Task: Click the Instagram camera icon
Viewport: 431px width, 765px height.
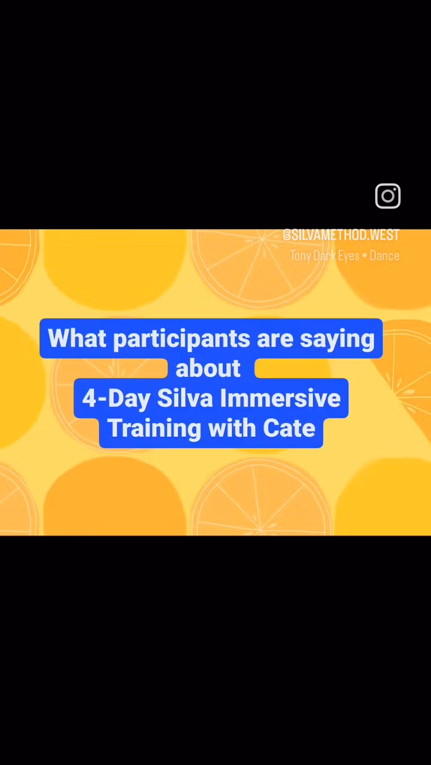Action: [x=387, y=195]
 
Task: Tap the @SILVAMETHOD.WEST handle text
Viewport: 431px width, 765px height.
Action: [x=341, y=235]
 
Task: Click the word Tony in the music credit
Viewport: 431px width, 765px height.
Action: [x=301, y=256]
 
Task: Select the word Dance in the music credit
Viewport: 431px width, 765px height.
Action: [x=384, y=255]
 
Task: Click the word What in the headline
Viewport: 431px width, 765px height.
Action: [x=77, y=338]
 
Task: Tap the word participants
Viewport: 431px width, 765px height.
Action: [x=181, y=339]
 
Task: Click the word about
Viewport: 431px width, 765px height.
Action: [x=208, y=368]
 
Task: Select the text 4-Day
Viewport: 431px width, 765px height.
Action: [x=116, y=399]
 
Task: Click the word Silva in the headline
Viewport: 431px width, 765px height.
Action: [x=185, y=398]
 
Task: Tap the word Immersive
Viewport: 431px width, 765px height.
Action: [x=280, y=398]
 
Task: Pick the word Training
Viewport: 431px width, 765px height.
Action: [x=154, y=429]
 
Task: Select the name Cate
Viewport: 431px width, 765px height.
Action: [x=289, y=428]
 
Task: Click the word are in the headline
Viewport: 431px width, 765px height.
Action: [x=275, y=340]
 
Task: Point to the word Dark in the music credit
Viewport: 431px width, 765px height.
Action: [x=324, y=255]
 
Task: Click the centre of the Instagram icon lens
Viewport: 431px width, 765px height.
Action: [x=387, y=195]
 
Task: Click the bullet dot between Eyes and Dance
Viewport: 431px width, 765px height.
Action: [x=365, y=256]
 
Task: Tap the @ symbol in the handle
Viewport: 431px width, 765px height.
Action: [x=287, y=235]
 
